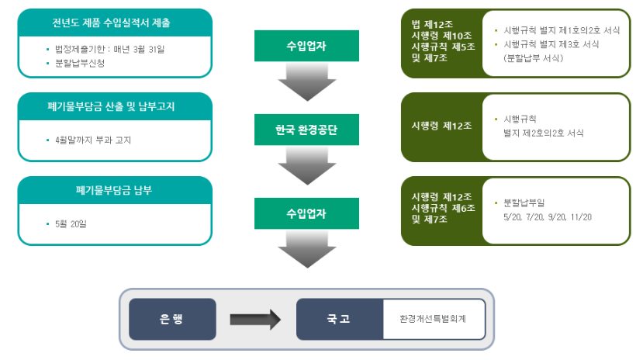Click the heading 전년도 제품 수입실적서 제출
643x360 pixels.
tap(115, 22)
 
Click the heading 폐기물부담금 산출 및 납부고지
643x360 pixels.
tap(115, 106)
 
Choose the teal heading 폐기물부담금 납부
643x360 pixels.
tap(115, 190)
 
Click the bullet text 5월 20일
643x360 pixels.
tap(73, 224)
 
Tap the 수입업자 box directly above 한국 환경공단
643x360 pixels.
tap(306, 46)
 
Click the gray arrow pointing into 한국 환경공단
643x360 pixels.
tap(306, 82)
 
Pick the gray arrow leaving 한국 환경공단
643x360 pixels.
tap(306, 166)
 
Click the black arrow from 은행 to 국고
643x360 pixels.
tap(255, 318)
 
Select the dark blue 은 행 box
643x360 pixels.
tap(172, 318)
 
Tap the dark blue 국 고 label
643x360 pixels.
tap(340, 318)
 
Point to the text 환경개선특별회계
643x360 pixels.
tap(432, 318)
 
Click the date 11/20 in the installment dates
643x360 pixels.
tap(579, 216)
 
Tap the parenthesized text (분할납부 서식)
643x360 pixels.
tap(537, 57)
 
